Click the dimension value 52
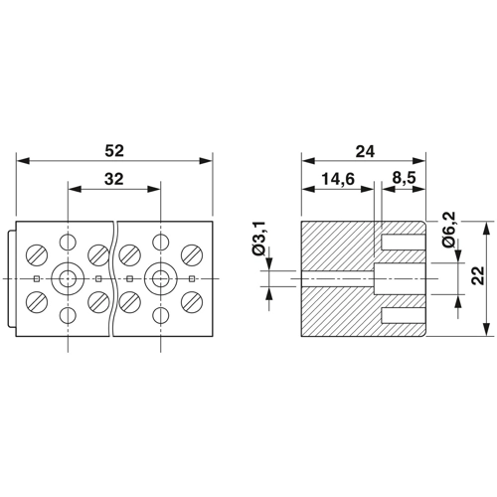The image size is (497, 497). [x=114, y=151]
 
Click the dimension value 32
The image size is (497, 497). [x=114, y=179]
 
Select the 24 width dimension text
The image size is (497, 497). [x=365, y=151]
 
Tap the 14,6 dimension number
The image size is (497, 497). [x=338, y=179]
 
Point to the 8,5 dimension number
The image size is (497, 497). [x=404, y=179]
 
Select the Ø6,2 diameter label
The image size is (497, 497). [x=448, y=229]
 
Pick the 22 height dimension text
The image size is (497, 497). [x=477, y=275]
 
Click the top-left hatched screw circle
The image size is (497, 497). [x=37, y=255]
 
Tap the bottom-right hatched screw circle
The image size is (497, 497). [x=192, y=302]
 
